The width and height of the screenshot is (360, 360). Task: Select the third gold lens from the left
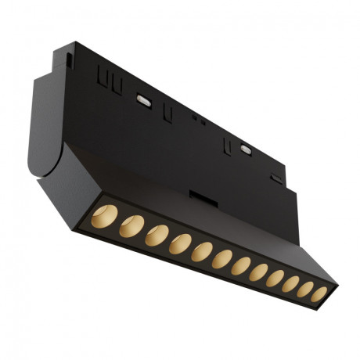157,234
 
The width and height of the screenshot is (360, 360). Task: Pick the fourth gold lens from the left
180,243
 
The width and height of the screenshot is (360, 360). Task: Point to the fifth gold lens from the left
203,252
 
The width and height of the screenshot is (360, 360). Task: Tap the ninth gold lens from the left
275,279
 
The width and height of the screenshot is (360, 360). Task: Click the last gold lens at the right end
319,295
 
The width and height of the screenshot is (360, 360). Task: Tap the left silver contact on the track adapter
143,99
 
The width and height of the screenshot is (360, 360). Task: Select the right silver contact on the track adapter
247,148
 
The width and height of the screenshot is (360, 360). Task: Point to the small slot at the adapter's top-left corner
69,59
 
